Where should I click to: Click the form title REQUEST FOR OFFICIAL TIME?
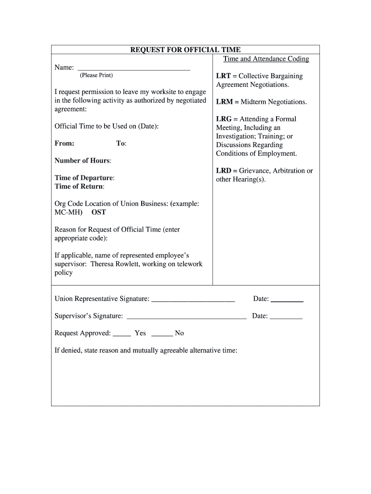185,50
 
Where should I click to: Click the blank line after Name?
133,69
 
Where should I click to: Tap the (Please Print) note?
96,75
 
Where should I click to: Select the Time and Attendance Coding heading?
266,59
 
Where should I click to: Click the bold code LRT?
224,76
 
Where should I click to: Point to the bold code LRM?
224,102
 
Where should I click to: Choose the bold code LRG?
224,119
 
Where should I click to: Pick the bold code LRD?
224,171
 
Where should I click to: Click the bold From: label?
65,143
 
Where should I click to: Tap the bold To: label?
121,143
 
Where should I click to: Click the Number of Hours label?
82,161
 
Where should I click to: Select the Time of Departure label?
84,178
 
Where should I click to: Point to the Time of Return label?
79,186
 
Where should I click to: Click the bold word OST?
99,212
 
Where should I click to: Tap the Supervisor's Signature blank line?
186,317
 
